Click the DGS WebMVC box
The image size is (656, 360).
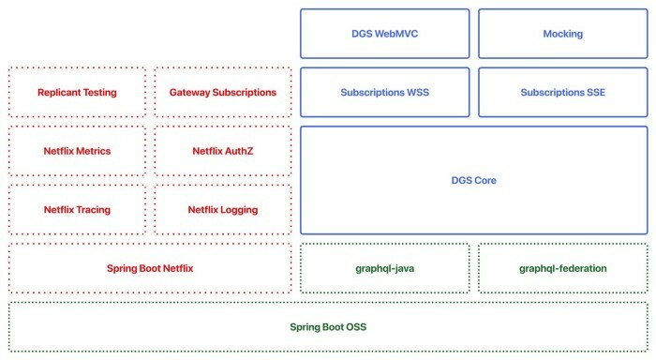point(384,34)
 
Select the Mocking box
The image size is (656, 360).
point(562,34)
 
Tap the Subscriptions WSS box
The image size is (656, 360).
point(384,92)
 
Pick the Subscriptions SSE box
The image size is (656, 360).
point(562,92)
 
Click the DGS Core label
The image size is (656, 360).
point(473,180)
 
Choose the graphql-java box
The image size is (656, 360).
point(384,268)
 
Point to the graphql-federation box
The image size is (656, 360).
point(562,268)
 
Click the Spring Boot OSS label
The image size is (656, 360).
point(328,327)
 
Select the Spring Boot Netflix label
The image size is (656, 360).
point(150,268)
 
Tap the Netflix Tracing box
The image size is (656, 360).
point(77,210)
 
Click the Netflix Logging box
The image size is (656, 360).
point(223,210)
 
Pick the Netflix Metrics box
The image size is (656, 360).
point(77,151)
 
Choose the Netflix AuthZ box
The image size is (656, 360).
point(223,151)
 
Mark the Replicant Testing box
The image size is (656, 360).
point(77,93)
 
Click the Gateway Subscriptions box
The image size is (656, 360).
point(223,93)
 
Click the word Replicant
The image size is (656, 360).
point(59,93)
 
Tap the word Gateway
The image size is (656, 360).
point(190,93)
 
